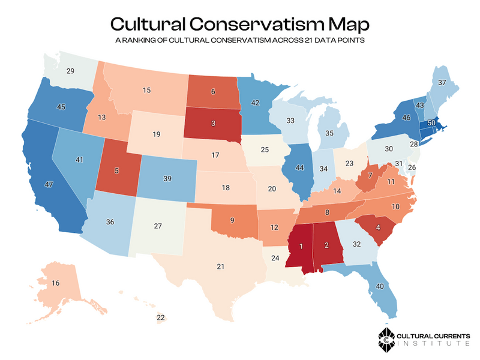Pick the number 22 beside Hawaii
pyautogui.click(x=160, y=316)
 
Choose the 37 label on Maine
pyautogui.click(x=442, y=83)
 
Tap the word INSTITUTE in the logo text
pyautogui.click(x=434, y=344)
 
